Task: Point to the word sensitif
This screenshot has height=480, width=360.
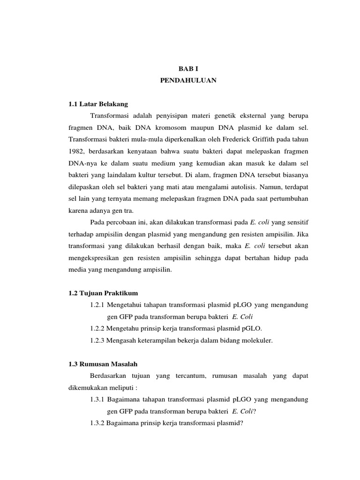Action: (295, 221)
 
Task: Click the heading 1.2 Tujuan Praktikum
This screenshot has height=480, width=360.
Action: (103, 293)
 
